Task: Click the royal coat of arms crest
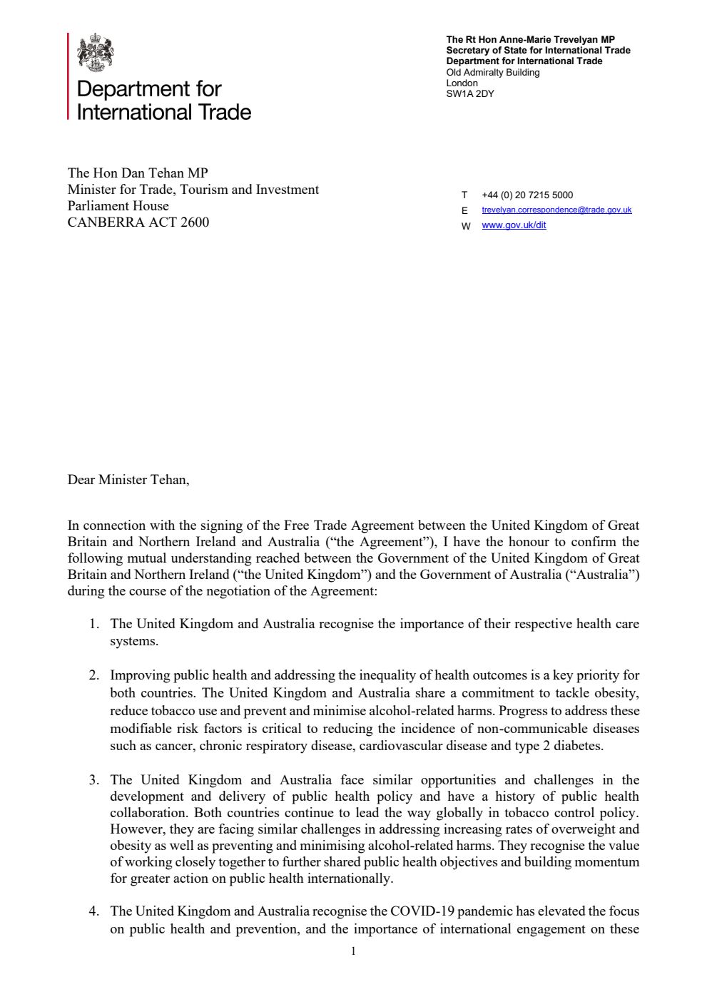(96, 52)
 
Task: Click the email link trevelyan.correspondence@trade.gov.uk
(556, 210)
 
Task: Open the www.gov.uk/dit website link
(514, 225)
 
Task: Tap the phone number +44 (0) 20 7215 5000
(527, 195)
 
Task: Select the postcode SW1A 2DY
(470, 93)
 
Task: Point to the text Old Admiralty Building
(493, 72)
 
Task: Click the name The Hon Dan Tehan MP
(138, 173)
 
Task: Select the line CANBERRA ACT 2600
(138, 222)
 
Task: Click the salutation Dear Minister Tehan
(128, 479)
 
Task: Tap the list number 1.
(93, 624)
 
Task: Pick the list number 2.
(93, 675)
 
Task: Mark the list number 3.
(93, 780)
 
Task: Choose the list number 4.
(93, 911)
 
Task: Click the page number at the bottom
(353, 951)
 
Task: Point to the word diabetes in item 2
(578, 746)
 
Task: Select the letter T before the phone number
(464, 195)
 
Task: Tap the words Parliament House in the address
(118, 205)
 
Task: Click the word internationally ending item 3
(350, 878)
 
